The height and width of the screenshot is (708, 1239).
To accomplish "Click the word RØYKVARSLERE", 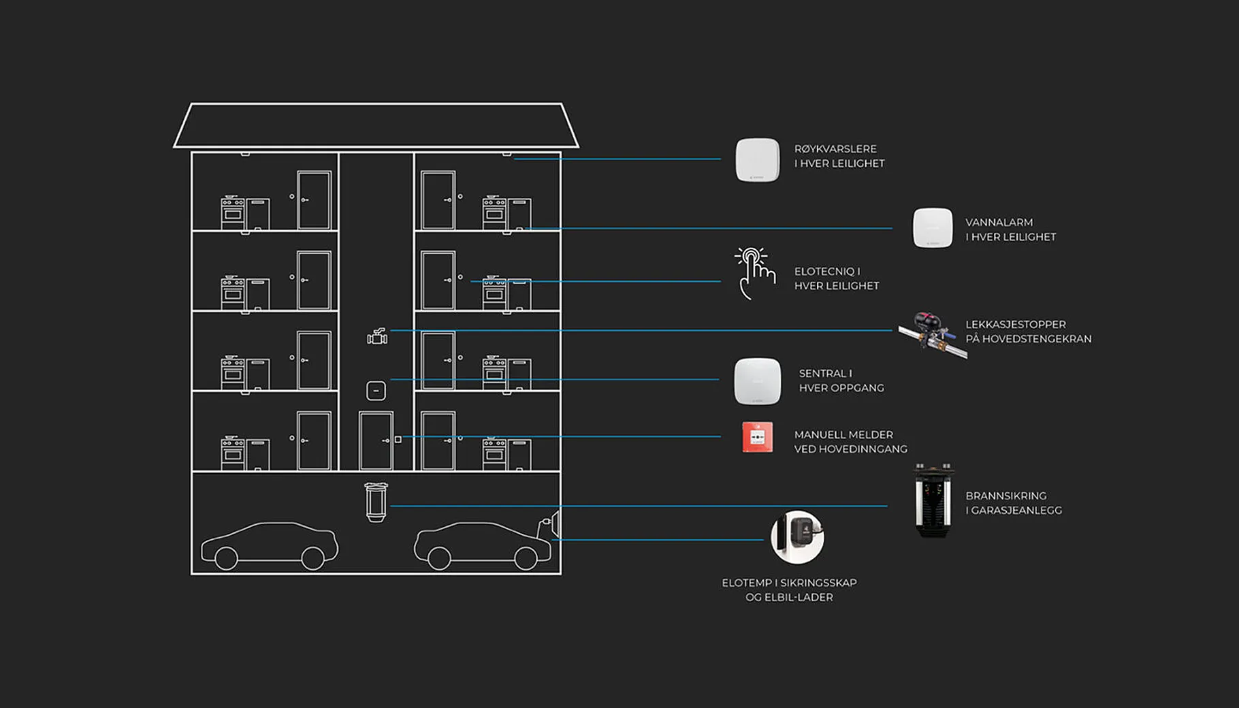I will tap(835, 149).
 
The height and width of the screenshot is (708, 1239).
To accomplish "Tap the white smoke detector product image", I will tap(757, 160).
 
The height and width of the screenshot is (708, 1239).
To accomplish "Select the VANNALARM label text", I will tap(999, 223).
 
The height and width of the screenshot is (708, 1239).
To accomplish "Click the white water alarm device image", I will tap(933, 228).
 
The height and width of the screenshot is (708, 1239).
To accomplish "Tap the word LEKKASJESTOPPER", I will tap(1016, 325).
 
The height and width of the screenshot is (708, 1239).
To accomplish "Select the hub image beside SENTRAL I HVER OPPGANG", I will tap(757, 381).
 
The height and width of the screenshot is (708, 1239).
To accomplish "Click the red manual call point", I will tap(757, 437).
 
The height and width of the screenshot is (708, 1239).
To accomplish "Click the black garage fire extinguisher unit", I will tap(933, 501).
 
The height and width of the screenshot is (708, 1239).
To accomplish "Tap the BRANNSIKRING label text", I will tap(1006, 496).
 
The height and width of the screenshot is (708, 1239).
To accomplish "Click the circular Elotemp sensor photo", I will tap(797, 537).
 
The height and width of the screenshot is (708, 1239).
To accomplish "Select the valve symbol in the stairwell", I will tap(377, 336).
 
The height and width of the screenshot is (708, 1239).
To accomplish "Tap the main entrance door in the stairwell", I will tap(376, 440).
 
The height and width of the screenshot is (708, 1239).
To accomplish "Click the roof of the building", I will tap(376, 125).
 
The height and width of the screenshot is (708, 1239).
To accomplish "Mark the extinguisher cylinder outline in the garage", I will tap(376, 502).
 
